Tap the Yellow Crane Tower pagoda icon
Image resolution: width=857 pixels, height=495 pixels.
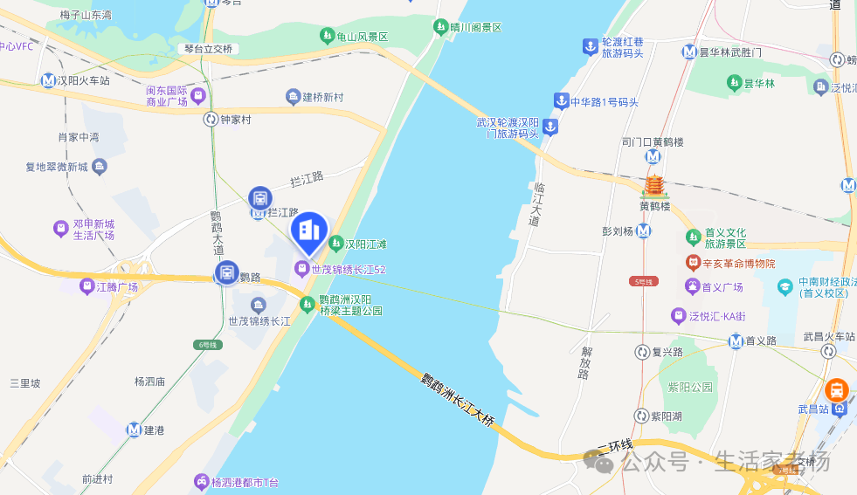tap(653, 187)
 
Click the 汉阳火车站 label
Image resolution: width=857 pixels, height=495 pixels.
tap(84, 80)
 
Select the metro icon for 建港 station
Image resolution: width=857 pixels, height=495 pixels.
tap(134, 430)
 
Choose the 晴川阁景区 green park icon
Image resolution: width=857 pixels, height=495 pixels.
tap(441, 27)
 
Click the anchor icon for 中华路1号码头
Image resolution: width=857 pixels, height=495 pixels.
tap(560, 101)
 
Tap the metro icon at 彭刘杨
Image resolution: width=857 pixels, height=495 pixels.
tap(644, 231)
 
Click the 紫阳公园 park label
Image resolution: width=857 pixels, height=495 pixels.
tap(691, 387)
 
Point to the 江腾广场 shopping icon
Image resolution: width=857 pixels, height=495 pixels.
tap(87, 286)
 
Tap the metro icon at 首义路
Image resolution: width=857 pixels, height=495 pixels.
tap(736, 340)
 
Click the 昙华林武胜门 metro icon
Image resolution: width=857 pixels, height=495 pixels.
tap(690, 52)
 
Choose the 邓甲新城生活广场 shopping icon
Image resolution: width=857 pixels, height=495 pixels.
tap(60, 229)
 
